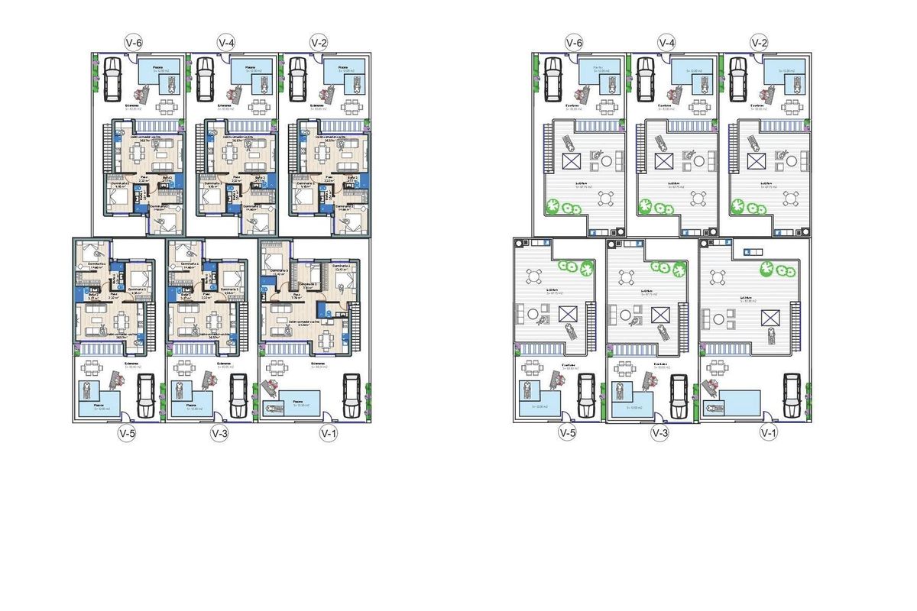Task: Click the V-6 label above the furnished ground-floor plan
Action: [x=134, y=42]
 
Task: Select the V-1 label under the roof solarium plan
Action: [x=768, y=433]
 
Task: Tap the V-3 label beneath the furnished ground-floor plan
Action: [x=220, y=433]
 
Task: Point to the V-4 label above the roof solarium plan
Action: [x=666, y=42]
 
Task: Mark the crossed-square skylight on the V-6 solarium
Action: [x=572, y=161]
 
